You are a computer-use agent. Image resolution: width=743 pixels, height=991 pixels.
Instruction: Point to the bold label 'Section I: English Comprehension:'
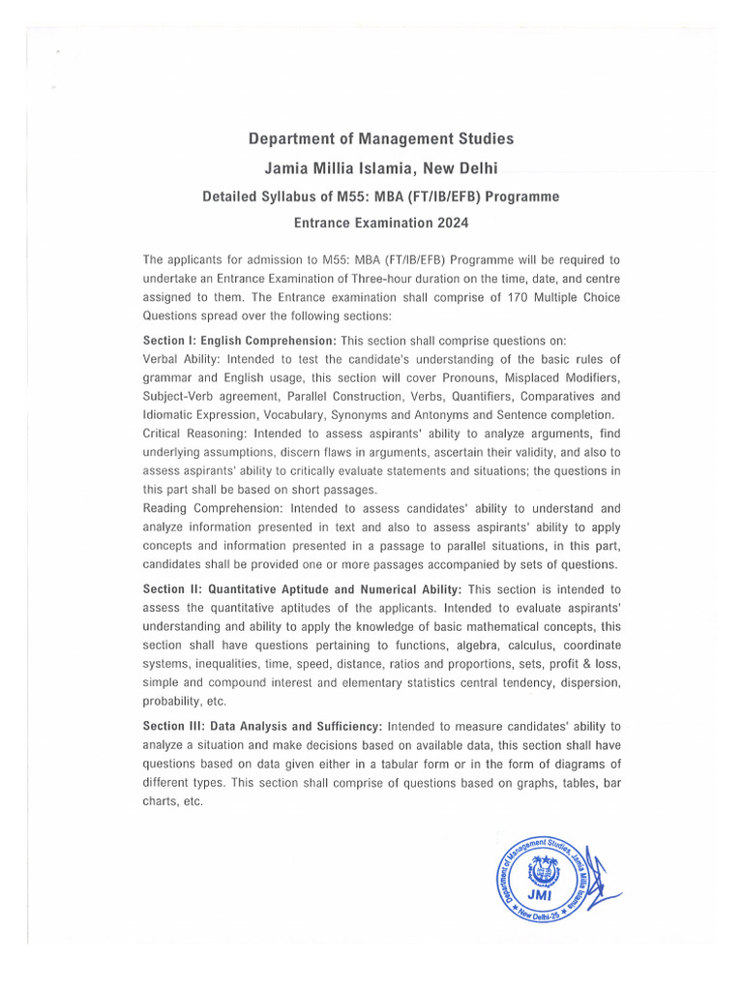pos(240,342)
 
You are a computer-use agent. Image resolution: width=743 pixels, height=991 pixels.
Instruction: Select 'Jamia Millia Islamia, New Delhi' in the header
pos(381,168)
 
